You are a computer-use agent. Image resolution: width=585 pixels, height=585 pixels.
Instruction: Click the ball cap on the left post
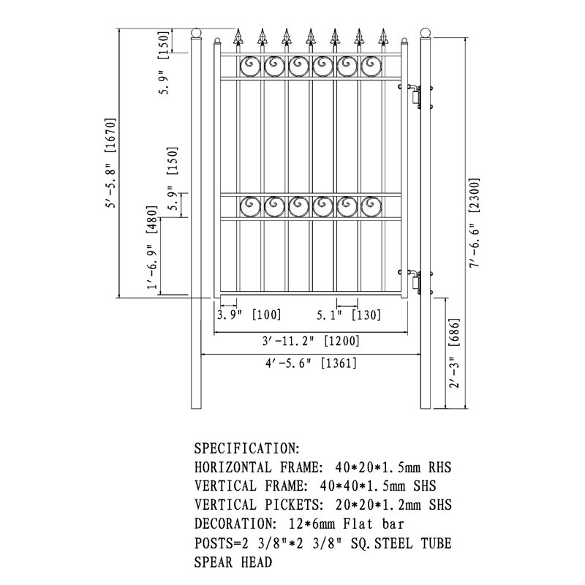tap(196, 33)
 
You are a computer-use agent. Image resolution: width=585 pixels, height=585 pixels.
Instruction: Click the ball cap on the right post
tap(426, 33)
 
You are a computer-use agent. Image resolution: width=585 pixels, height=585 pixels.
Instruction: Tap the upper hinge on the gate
tap(415, 97)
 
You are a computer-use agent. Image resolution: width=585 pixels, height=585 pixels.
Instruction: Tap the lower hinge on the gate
tap(415, 282)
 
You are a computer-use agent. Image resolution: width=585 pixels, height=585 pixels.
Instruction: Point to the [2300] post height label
tap(474, 195)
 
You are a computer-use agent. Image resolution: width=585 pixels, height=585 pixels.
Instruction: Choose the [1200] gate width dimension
tap(341, 341)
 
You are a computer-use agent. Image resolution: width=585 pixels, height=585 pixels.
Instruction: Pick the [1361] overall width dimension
tap(339, 363)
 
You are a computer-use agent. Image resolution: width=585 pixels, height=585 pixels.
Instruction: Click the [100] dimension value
tap(266, 314)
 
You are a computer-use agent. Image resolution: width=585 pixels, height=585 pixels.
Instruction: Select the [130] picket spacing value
tap(366, 315)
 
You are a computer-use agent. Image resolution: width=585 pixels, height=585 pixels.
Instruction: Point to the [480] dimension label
tap(152, 219)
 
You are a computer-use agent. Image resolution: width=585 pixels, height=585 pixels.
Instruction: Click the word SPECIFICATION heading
tap(247, 448)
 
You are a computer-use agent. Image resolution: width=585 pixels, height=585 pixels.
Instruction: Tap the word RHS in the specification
tap(440, 467)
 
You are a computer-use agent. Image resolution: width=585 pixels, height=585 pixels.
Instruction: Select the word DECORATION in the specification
tap(235, 524)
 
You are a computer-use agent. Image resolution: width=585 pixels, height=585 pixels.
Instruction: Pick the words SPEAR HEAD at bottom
tap(233, 562)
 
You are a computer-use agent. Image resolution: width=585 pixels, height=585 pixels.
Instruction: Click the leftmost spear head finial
tap(238, 37)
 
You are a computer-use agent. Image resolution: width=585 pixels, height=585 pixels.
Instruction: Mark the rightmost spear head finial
tap(382, 37)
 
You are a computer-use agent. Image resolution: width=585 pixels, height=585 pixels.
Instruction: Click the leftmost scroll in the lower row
tap(250, 206)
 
